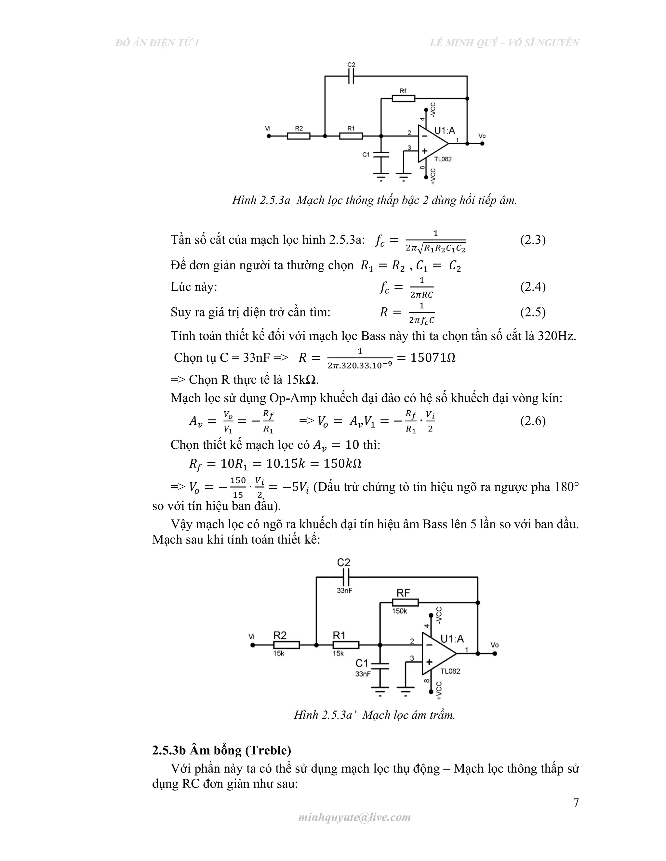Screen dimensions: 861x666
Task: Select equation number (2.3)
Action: tap(533, 240)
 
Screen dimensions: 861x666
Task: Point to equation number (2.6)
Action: tap(533, 421)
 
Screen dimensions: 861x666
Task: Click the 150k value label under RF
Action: tap(399, 611)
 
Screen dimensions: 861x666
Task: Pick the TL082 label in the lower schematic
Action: tap(450, 671)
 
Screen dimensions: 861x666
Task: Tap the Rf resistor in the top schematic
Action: tap(403, 98)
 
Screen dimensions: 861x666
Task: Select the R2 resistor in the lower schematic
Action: tap(286, 645)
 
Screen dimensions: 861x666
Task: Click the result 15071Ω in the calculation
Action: tap(433, 358)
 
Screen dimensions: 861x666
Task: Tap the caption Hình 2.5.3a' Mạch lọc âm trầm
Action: tap(374, 715)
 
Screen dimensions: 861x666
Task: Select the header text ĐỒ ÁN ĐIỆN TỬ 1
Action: tap(157, 43)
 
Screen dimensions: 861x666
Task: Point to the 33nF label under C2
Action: tap(344, 591)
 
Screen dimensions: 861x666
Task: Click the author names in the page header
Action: tap(504, 43)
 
